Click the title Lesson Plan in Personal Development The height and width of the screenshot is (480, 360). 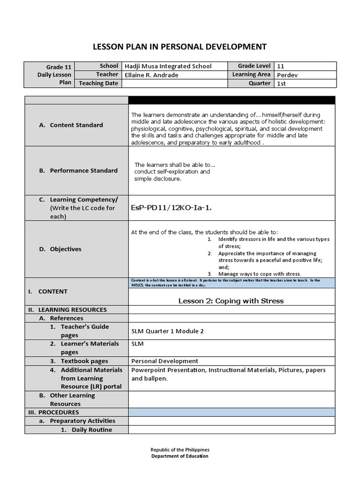click(x=180, y=46)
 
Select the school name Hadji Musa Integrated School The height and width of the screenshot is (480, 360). click(x=168, y=66)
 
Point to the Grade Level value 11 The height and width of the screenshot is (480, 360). click(x=281, y=66)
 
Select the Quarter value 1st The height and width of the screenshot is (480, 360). click(x=281, y=83)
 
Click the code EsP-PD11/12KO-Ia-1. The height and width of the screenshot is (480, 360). click(x=171, y=208)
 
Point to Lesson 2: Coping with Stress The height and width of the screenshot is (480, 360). click(x=231, y=301)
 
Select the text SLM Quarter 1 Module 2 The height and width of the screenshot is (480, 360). click(x=167, y=331)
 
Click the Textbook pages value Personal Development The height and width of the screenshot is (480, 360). click(x=165, y=361)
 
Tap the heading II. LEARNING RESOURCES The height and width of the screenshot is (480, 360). click(x=67, y=310)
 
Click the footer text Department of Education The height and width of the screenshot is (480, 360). click(x=180, y=456)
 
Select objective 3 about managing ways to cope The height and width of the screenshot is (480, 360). click(x=260, y=274)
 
